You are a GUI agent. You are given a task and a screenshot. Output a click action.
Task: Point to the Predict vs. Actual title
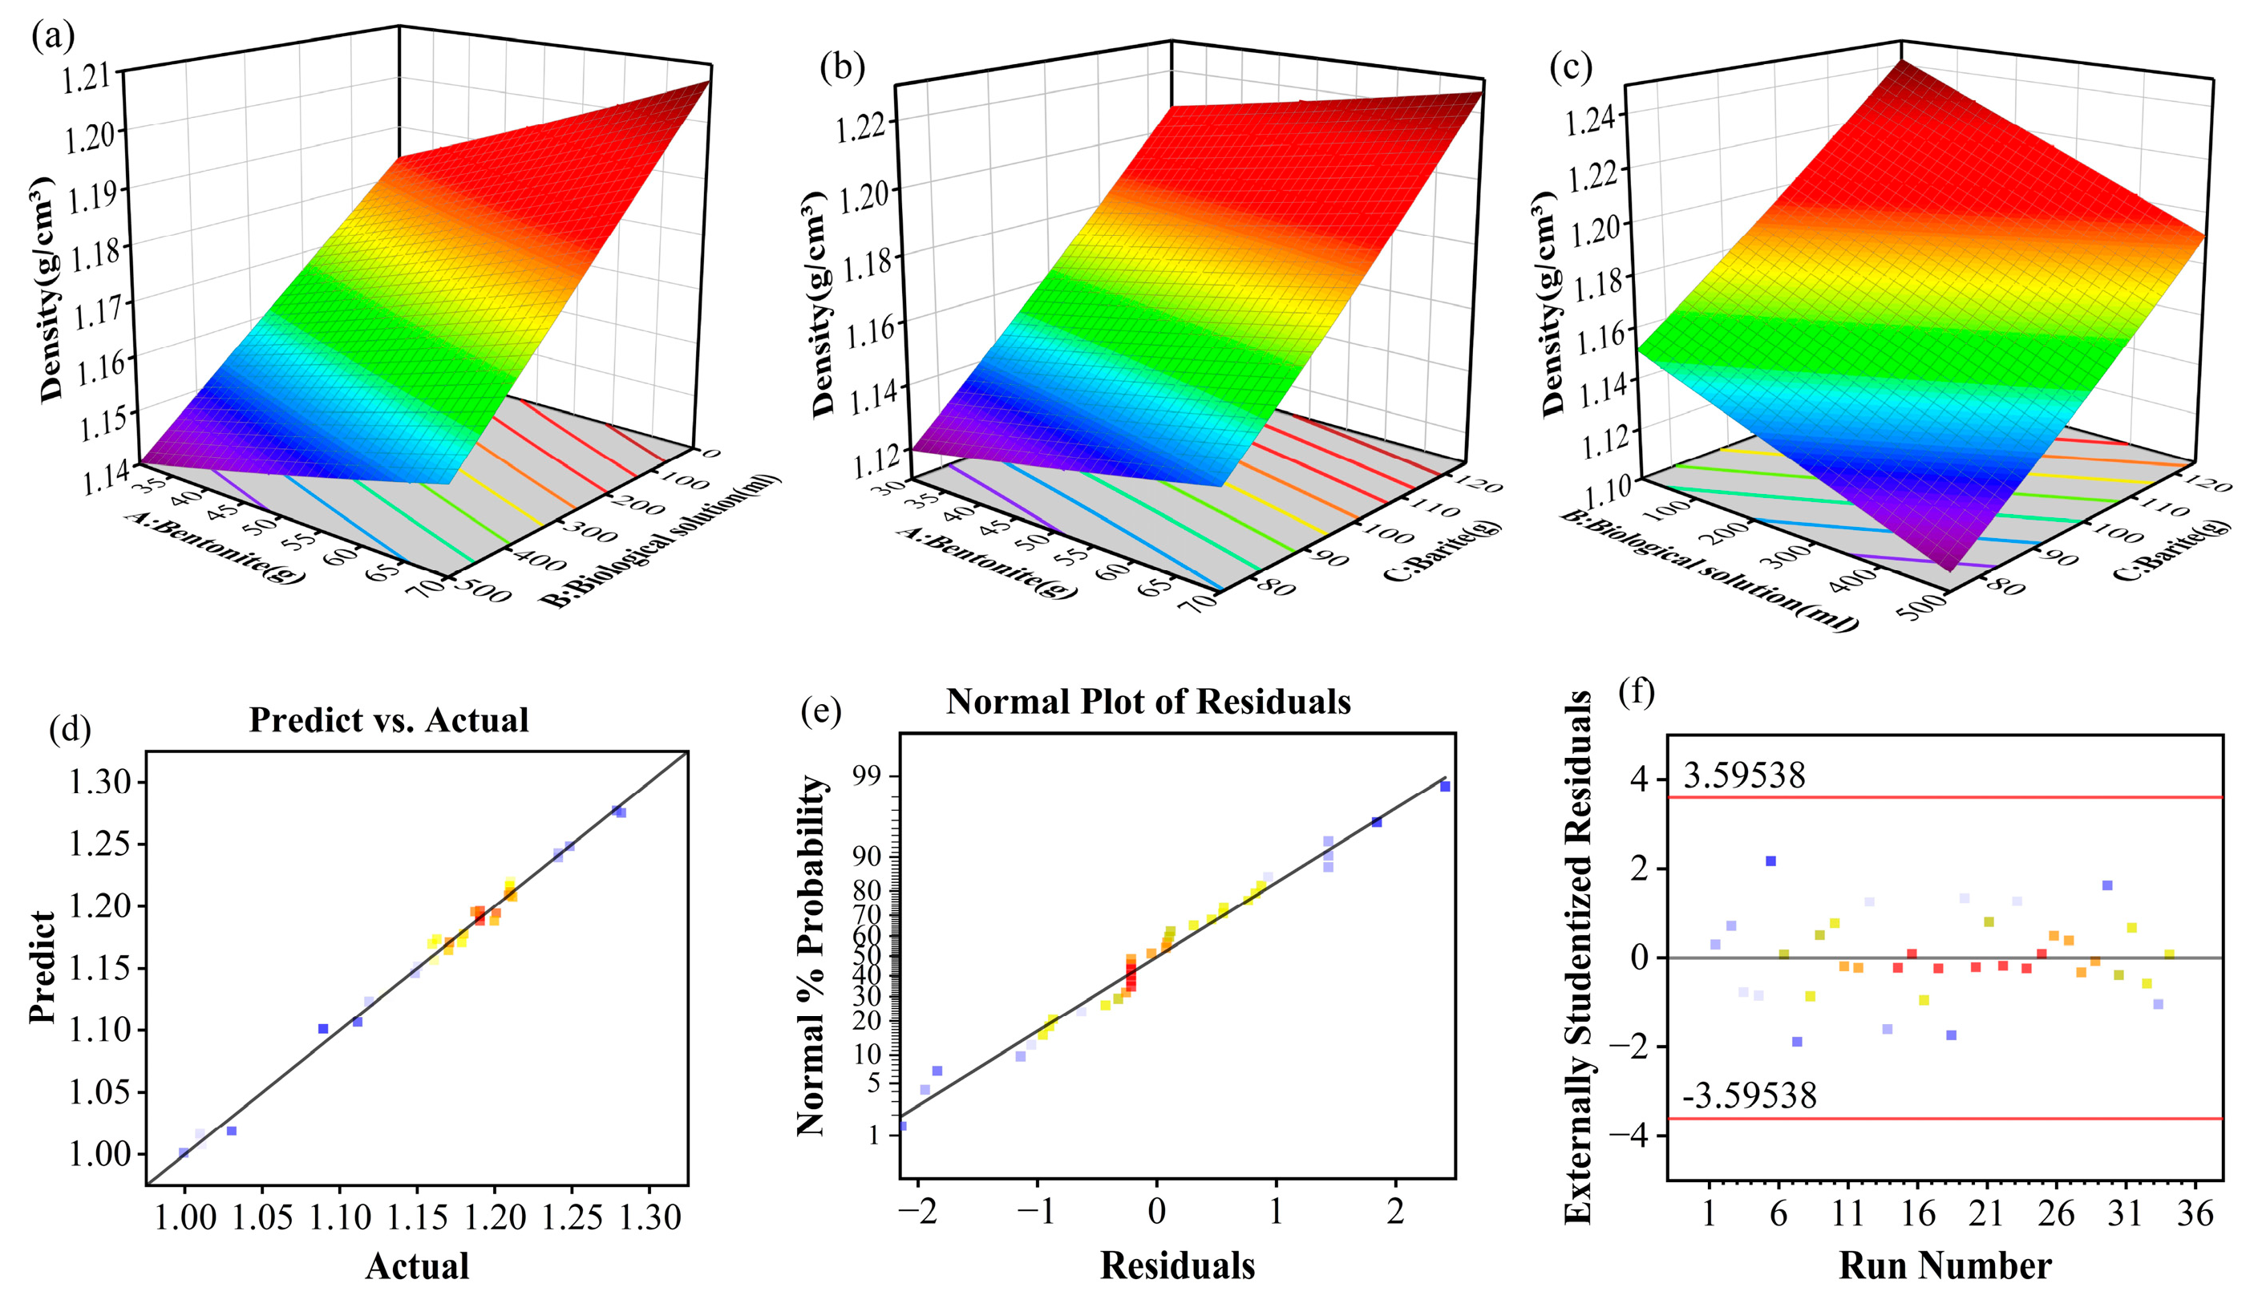(x=388, y=719)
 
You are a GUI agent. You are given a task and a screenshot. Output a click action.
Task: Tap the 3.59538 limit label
(x=1744, y=775)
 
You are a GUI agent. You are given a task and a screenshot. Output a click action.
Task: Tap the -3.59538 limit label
(x=1748, y=1095)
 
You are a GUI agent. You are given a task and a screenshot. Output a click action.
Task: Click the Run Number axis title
(x=1944, y=1265)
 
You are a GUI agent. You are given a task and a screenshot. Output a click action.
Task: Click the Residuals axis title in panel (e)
(x=1176, y=1265)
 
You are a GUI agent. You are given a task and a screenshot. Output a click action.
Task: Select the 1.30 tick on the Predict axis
(x=99, y=782)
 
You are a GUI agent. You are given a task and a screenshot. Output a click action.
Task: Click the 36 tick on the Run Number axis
(x=2194, y=1214)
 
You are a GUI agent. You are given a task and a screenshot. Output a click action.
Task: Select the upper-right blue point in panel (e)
(x=1444, y=787)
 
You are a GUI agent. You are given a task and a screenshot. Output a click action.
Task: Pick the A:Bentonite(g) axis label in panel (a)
(x=212, y=549)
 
